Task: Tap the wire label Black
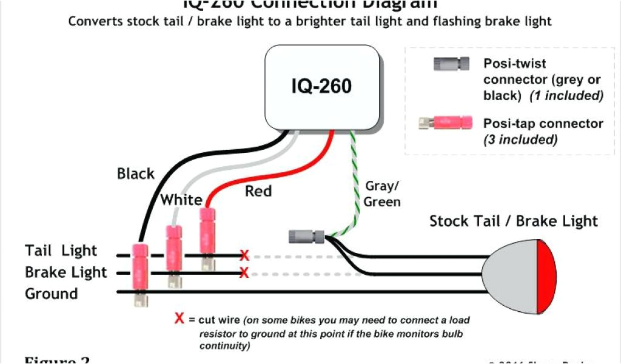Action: [x=136, y=174]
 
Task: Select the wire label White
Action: [x=181, y=200]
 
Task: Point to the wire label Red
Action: [x=258, y=192]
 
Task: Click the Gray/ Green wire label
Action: [x=382, y=194]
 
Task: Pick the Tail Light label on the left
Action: [x=61, y=251]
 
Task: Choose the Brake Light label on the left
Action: [x=65, y=272]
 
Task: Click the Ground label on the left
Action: [x=52, y=294]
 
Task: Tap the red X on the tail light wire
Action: [x=244, y=255]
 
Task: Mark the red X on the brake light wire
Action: [x=244, y=274]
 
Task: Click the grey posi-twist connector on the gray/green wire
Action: [x=306, y=235]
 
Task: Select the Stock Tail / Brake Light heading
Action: [x=513, y=221]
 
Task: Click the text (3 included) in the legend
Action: [x=520, y=140]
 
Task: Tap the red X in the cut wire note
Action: [x=180, y=318]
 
